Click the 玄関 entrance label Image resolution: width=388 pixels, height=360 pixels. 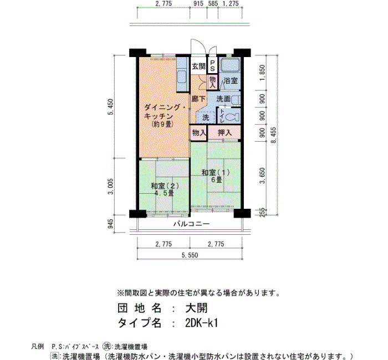coord(198,66)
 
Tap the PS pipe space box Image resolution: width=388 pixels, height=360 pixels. coord(212,65)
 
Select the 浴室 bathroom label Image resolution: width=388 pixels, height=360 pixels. coord(231,80)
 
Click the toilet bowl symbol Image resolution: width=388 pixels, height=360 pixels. coord(233,117)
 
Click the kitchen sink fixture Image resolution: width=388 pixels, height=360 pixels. coord(182,78)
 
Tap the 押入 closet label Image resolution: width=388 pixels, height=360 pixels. coord(224,133)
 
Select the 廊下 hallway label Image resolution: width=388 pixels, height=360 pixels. coord(198,99)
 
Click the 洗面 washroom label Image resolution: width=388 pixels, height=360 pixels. coord(223,99)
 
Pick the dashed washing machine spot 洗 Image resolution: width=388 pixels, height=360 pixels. coord(206,117)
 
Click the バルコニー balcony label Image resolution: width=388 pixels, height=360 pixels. coord(191,224)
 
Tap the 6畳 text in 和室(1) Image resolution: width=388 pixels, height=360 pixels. coord(216,180)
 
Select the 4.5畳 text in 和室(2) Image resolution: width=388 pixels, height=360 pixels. coord(164,193)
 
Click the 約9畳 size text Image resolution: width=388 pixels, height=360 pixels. coord(162,125)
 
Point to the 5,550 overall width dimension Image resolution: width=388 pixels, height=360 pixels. coord(190,255)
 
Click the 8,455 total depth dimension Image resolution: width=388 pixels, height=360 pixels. coord(273,135)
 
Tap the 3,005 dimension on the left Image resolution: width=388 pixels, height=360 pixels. coord(111,187)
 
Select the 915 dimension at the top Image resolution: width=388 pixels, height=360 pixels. coord(198,3)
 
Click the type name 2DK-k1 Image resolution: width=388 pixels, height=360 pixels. coord(201,323)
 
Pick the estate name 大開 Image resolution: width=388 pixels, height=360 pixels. coord(196,308)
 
